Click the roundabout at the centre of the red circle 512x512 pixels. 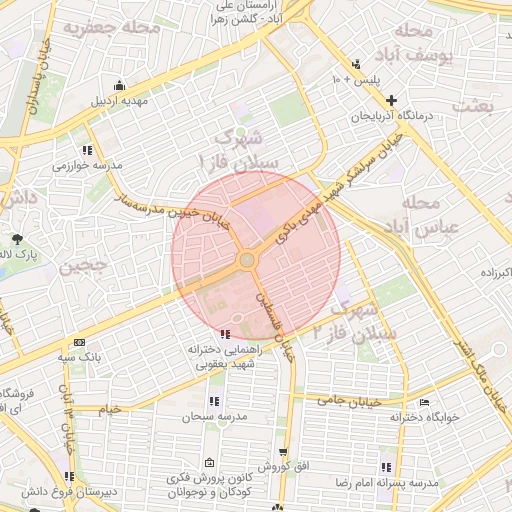(x=247, y=260)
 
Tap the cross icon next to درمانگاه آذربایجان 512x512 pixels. (x=391, y=100)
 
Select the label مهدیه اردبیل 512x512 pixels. (x=120, y=101)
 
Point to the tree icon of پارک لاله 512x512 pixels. (x=18, y=238)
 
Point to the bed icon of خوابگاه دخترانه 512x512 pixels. (x=425, y=402)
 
